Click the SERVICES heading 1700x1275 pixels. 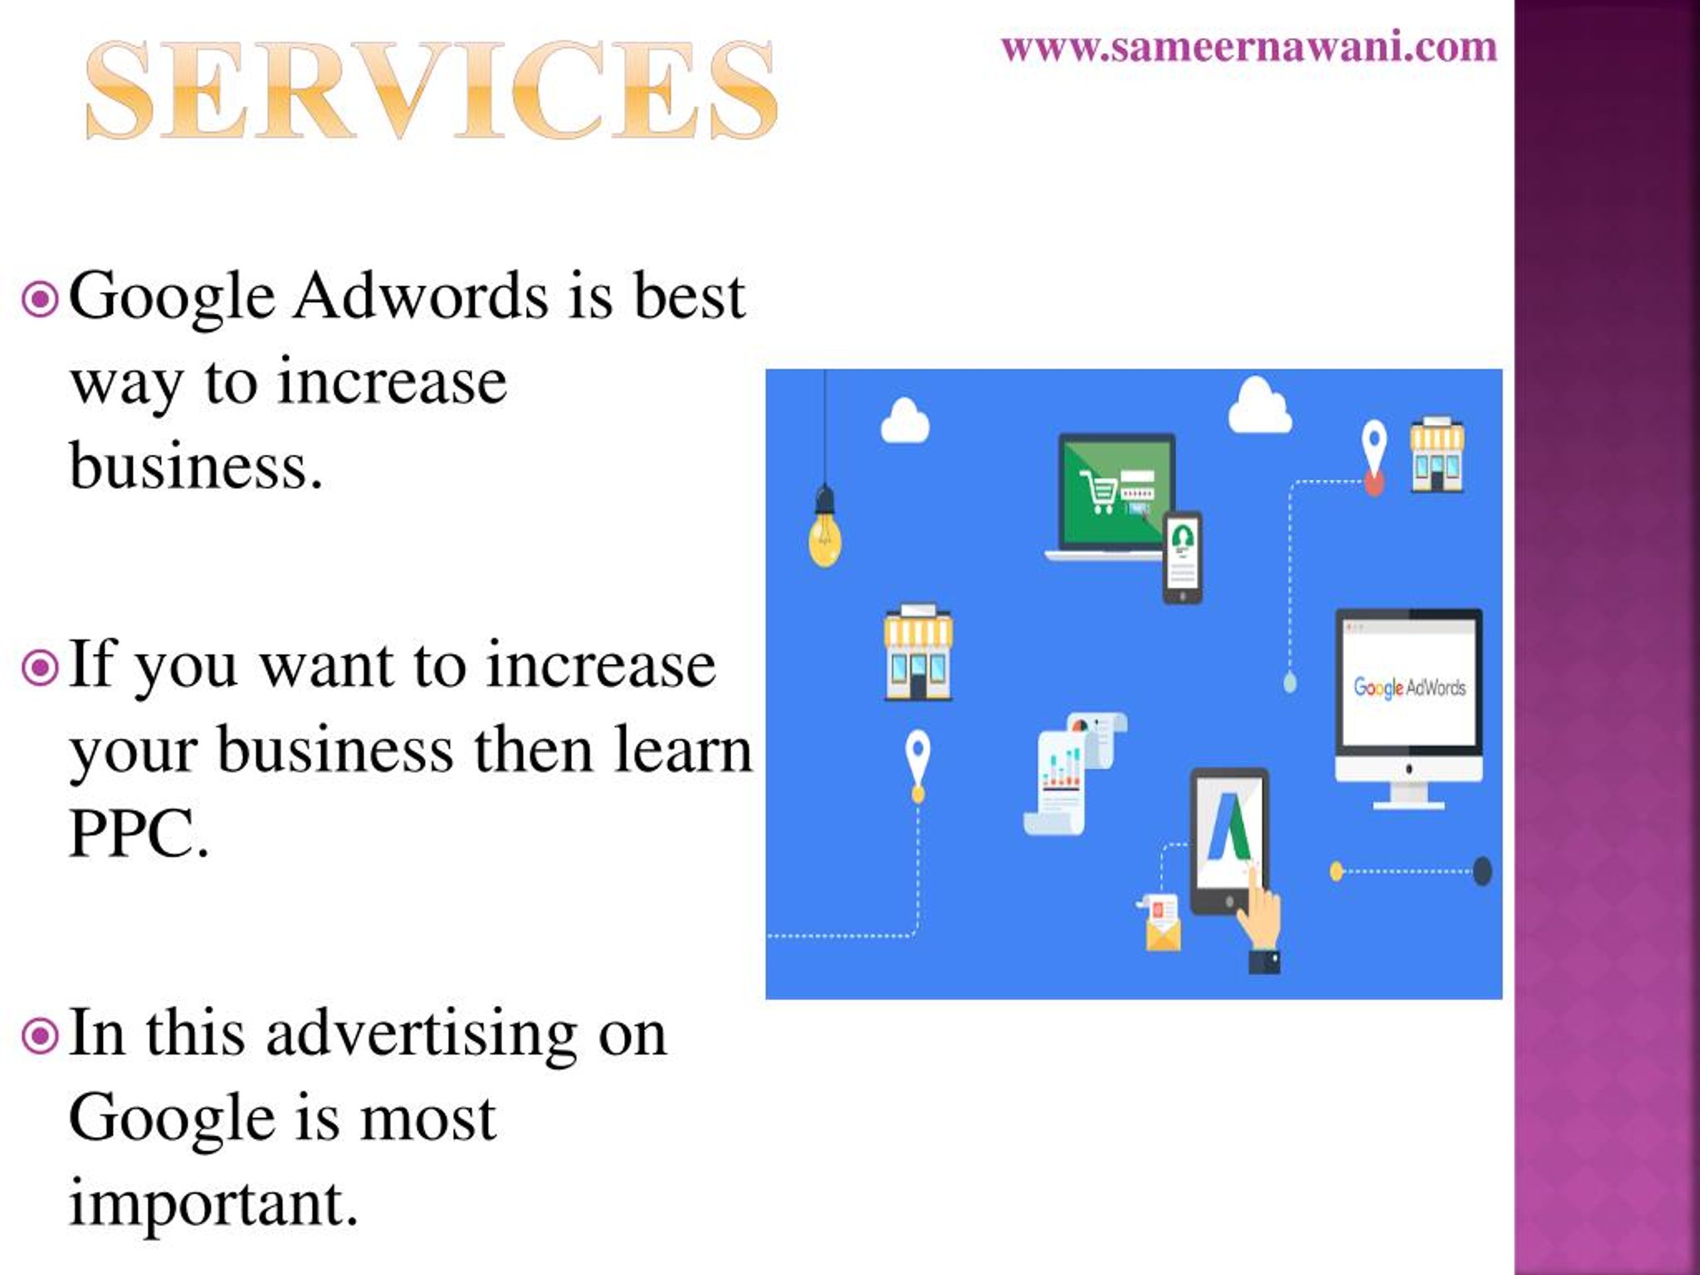tap(430, 91)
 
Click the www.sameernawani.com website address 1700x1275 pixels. tap(1249, 48)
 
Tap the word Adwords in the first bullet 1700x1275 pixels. tap(420, 297)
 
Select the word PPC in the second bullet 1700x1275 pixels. tap(138, 835)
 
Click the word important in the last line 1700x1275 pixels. tap(214, 1203)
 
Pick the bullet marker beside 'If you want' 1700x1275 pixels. tap(40, 668)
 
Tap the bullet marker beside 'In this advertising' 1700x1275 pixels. tap(40, 1037)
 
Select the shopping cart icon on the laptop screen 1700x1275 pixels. tap(1097, 489)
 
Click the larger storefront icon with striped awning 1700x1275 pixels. tap(918, 653)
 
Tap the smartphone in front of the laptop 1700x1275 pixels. tap(1182, 557)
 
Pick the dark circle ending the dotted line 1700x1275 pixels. tap(1482, 871)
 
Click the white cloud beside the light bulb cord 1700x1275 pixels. tap(904, 421)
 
